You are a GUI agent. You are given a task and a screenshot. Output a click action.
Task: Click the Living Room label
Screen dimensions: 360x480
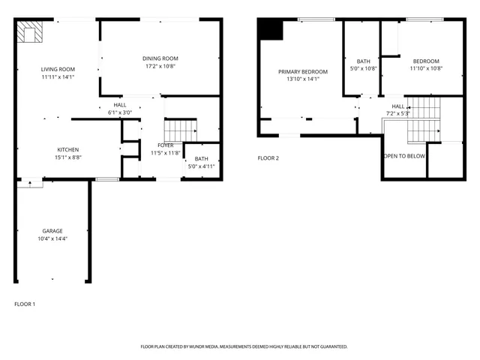[58, 69]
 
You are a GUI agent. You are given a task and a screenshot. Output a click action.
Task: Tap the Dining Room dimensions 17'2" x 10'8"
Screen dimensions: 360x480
[160, 65]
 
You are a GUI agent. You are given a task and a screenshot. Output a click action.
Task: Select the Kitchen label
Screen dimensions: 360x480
[68, 149]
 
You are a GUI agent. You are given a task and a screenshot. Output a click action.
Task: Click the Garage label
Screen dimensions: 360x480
[52, 231]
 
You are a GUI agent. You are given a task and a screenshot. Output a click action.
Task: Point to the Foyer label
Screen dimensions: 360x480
[165, 145]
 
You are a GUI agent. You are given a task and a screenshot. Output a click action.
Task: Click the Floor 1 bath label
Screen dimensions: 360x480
[201, 158]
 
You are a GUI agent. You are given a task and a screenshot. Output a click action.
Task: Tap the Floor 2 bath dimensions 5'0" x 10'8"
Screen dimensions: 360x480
[363, 68]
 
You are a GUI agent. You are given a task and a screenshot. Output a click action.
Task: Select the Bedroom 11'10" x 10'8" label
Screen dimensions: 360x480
[426, 61]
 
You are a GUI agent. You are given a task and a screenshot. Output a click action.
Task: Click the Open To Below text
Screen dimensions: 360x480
[404, 156]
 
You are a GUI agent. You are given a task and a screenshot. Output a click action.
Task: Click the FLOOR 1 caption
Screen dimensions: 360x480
[25, 304]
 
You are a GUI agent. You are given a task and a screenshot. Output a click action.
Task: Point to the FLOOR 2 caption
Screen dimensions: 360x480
[268, 158]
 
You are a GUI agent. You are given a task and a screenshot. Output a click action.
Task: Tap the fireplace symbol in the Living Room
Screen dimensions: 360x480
[31, 32]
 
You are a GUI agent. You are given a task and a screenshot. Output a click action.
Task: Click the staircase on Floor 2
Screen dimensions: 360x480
[424, 120]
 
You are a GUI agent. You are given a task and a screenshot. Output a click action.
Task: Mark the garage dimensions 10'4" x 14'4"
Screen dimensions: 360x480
[52, 238]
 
